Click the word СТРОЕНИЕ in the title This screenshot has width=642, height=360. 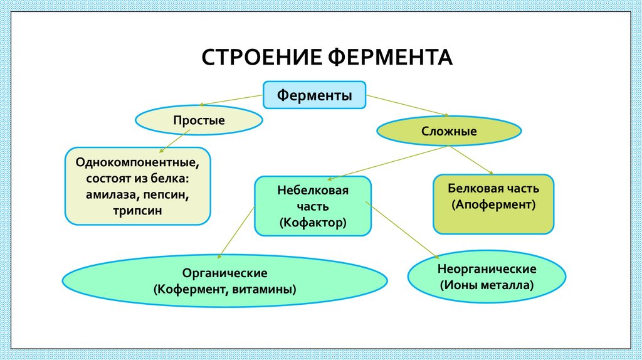click(x=261, y=57)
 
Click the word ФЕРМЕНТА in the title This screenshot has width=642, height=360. click(x=389, y=57)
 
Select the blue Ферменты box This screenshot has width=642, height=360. click(x=314, y=95)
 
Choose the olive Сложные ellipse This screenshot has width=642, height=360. click(x=448, y=132)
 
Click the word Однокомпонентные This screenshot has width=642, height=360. click(x=138, y=162)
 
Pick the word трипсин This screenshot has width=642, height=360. click(x=138, y=211)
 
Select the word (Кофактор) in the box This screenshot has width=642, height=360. click(x=313, y=222)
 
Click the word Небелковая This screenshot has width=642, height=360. click(x=313, y=189)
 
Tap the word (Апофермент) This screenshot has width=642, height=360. click(x=493, y=204)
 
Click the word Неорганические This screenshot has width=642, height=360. click(x=487, y=269)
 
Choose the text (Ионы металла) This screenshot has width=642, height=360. click(x=487, y=285)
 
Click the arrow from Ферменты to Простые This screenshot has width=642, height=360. click(x=232, y=100)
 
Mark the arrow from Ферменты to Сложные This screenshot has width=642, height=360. click(x=408, y=105)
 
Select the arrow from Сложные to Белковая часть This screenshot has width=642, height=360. click(x=470, y=160)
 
